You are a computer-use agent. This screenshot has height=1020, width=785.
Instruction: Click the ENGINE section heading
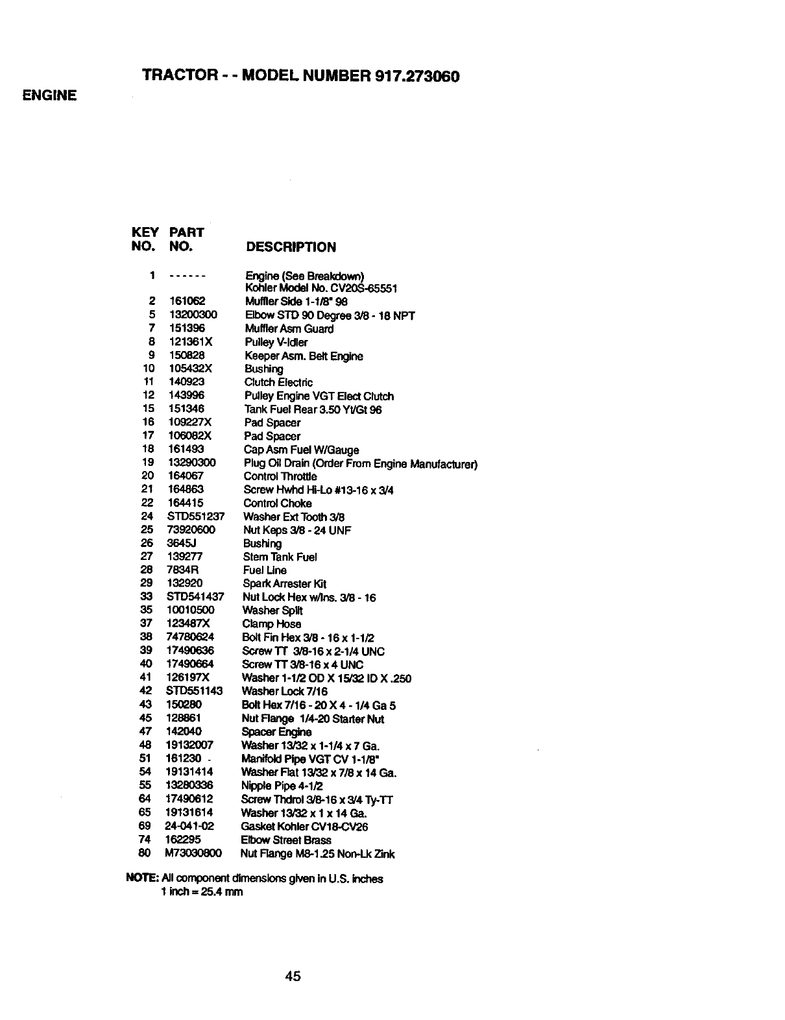coord(49,95)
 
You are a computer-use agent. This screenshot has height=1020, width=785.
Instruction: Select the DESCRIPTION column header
coord(291,247)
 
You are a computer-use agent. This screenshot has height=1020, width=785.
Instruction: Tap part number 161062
coord(187,301)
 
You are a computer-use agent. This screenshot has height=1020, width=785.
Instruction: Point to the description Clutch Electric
coord(278,382)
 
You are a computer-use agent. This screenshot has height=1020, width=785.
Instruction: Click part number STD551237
coord(196,516)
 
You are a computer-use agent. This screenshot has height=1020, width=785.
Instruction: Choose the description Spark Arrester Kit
coord(284,583)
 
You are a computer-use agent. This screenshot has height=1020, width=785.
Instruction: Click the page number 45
coord(293,975)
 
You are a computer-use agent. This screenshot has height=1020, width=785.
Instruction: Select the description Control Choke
coord(277,503)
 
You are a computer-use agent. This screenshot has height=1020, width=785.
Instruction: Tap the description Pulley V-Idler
coord(276,342)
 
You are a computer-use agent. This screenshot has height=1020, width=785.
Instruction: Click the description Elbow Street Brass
coord(285,840)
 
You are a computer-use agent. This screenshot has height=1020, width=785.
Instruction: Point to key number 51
coord(145,759)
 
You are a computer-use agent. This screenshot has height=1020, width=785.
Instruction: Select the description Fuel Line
coord(265,570)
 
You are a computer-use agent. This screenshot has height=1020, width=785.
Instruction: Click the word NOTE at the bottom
coord(138,879)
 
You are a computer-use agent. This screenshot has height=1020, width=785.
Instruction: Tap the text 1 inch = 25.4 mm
coord(202,892)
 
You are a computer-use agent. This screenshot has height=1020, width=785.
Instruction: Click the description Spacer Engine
coord(276,732)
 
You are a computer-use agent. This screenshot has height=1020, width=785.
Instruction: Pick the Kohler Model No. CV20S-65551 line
coord(321,288)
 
